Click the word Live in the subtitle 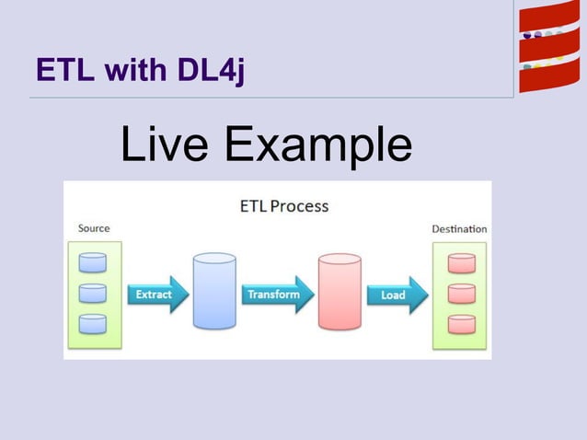(x=166, y=145)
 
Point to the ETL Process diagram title (x=278, y=205)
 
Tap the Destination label (x=459, y=228)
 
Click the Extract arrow (x=157, y=295)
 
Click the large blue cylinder (x=214, y=291)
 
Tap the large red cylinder (x=340, y=291)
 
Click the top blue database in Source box (x=93, y=262)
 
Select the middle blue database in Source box (x=93, y=294)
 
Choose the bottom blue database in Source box (x=93, y=324)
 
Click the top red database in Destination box (x=461, y=262)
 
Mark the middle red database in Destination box (x=461, y=294)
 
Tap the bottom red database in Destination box (x=461, y=324)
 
